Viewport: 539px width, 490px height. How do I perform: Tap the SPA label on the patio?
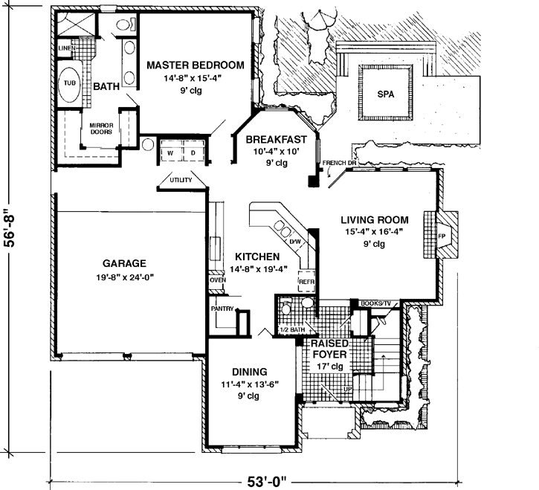click(x=386, y=95)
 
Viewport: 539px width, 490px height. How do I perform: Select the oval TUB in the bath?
click(x=69, y=83)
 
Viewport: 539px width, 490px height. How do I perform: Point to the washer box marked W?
click(x=170, y=153)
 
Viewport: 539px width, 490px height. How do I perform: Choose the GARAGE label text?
click(x=125, y=262)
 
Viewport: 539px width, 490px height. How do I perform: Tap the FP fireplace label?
click(x=441, y=237)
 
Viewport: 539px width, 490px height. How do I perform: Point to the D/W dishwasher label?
click(x=294, y=242)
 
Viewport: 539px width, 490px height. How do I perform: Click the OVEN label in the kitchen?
click(x=217, y=280)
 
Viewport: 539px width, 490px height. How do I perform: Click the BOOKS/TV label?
click(x=375, y=303)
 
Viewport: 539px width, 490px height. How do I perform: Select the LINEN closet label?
click(x=66, y=49)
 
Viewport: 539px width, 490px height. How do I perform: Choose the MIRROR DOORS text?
click(x=100, y=129)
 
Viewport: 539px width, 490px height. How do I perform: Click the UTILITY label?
click(x=181, y=180)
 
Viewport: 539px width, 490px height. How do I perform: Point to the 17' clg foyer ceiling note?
click(x=332, y=366)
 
